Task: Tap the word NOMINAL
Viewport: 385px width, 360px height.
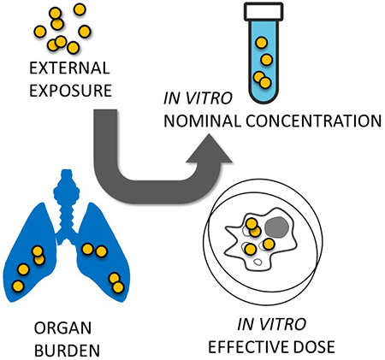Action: pyautogui.click(x=206, y=120)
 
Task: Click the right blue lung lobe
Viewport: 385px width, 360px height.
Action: pyautogui.click(x=104, y=257)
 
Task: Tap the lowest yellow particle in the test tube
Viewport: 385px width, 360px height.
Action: pyautogui.click(x=264, y=83)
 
